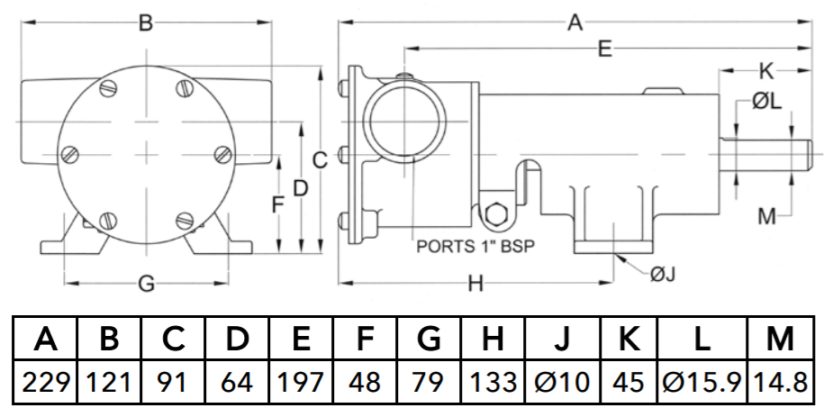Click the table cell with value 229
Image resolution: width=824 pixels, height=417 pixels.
click(46, 382)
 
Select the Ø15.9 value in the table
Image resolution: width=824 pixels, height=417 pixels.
click(702, 382)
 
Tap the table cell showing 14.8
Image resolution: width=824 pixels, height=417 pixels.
click(781, 382)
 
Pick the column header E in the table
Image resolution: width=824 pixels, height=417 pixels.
click(301, 338)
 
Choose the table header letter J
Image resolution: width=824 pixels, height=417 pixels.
click(562, 338)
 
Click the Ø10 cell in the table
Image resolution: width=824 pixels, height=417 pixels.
click(562, 382)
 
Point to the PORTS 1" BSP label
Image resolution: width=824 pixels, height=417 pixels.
click(475, 246)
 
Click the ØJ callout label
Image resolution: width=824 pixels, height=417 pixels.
click(662, 274)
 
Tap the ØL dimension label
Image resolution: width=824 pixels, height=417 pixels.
click(766, 101)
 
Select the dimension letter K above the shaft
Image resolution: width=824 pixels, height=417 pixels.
click(766, 70)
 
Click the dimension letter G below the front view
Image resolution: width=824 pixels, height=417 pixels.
click(146, 284)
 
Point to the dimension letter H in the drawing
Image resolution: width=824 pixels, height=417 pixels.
click(475, 284)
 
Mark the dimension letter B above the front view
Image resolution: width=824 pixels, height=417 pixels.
click(146, 23)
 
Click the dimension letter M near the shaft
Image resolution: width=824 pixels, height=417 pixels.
click(766, 215)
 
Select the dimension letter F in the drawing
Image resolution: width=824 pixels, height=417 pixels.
click(278, 204)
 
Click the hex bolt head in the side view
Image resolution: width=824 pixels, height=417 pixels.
click(495, 214)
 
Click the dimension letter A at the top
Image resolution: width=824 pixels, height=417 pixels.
click(575, 23)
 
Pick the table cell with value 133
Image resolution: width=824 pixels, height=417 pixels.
click(493, 382)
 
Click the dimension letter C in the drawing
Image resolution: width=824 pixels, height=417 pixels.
click(320, 159)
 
